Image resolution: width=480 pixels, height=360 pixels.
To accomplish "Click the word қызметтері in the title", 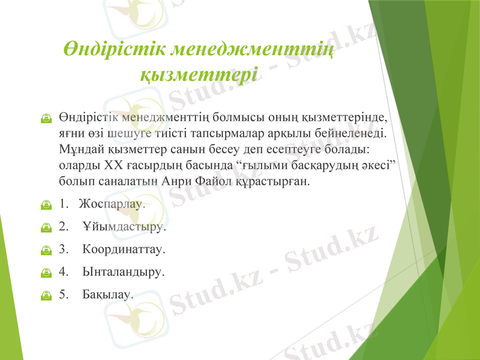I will click(x=199, y=76).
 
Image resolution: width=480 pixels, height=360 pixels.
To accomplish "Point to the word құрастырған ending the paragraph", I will click(x=281, y=180).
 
